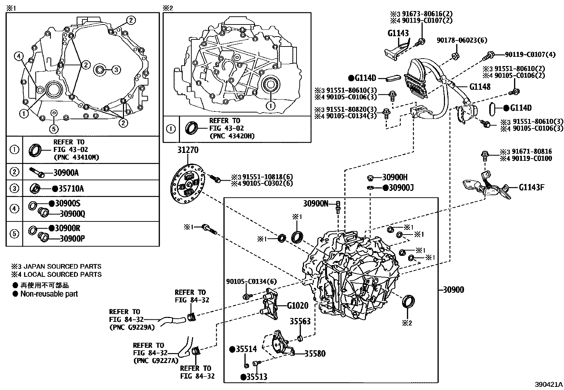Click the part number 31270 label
(x=188, y=150)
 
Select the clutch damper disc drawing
(x=187, y=185)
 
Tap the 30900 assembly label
(x=453, y=290)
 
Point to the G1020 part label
(x=298, y=306)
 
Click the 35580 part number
(x=315, y=353)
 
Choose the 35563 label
(x=300, y=322)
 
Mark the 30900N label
(x=316, y=203)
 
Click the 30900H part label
(x=395, y=177)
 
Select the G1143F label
(x=531, y=187)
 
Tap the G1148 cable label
(x=480, y=86)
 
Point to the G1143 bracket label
(x=398, y=33)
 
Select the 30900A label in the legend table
(x=66, y=173)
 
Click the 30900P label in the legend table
(x=72, y=238)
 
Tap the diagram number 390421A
(x=549, y=384)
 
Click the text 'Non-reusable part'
(x=49, y=294)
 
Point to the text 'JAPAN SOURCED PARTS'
(x=61, y=266)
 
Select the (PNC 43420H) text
(x=232, y=136)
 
